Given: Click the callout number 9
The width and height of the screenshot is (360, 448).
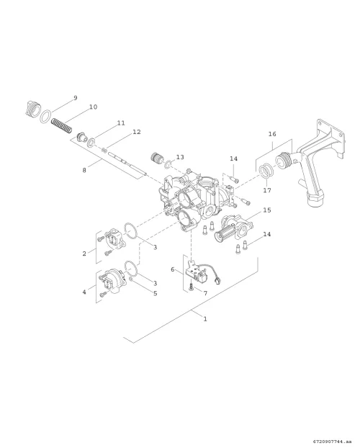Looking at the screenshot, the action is pos(76,98).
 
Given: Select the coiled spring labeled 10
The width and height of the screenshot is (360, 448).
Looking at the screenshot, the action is pos(62,126).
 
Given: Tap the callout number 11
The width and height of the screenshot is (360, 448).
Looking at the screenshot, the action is pos(121,123).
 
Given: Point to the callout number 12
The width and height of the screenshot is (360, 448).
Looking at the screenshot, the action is pos(137,132).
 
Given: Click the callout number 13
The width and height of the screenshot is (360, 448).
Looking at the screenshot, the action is pos(180,157).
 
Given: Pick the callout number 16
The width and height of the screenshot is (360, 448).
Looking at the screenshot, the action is pos(272,134).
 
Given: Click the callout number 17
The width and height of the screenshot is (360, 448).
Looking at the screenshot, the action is pos(267,190).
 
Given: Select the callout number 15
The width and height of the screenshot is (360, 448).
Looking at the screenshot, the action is pos(267,210).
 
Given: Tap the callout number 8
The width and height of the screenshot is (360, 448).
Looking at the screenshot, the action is pos(84,170).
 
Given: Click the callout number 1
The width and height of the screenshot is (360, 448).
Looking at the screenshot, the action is pos(205,319).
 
